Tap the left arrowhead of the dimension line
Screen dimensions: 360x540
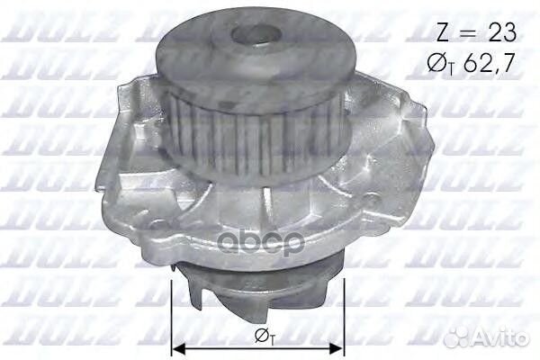(x=177, y=347)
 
